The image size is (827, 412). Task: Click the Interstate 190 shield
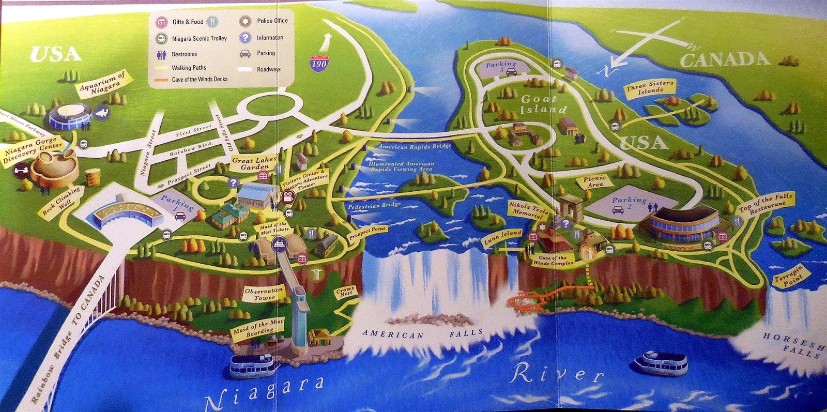318,63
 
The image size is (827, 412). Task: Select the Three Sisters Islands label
650,87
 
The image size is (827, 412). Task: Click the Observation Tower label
264,294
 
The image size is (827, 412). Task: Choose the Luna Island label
502,237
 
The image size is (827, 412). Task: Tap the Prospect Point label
367,233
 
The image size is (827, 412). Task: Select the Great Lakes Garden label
254,163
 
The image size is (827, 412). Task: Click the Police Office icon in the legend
245,21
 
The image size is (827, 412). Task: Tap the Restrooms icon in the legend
161,54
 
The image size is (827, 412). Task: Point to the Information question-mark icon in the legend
245,38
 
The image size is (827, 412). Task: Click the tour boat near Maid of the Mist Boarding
251,365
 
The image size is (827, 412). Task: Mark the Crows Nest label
345,291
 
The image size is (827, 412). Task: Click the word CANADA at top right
725,60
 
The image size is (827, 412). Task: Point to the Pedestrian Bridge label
374,205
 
